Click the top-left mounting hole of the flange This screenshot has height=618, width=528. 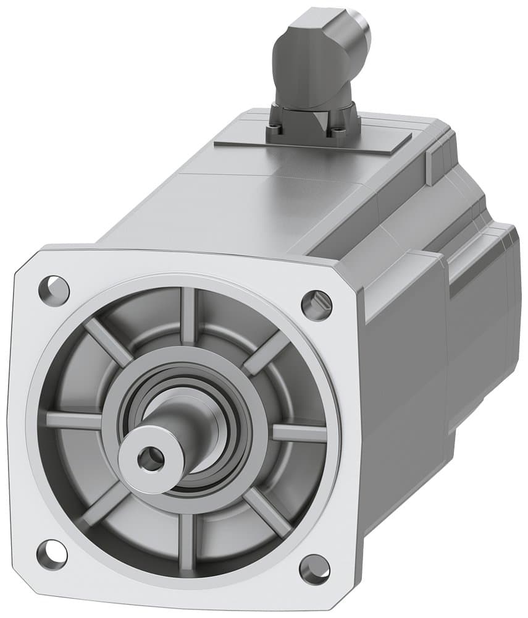[54, 288]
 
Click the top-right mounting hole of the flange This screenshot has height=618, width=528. [316, 303]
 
